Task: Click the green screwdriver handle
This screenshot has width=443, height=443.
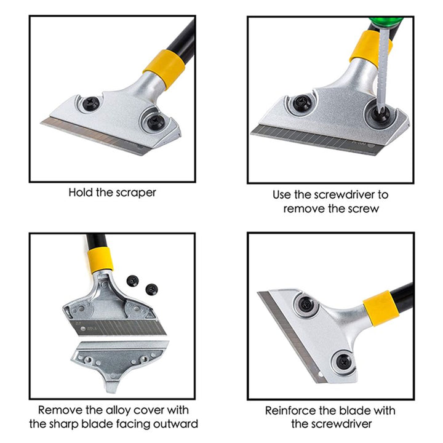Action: (386, 22)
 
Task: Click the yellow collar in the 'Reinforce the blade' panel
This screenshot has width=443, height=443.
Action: (381, 308)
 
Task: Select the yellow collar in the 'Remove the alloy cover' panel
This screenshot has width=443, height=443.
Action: (100, 260)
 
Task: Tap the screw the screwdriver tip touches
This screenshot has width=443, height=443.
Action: (380, 113)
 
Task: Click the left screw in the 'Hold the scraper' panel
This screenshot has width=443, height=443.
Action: (91, 103)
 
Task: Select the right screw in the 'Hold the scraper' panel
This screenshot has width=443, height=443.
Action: (156, 122)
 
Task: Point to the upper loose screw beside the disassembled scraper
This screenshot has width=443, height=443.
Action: (132, 281)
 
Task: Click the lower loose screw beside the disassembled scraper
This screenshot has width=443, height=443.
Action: (152, 289)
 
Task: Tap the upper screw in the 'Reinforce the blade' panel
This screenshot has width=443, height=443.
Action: (306, 305)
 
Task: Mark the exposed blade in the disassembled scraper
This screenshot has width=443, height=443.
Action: (118, 328)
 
